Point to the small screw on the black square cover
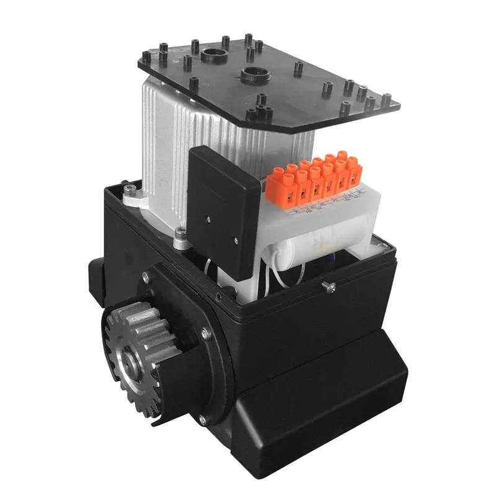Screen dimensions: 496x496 pos(209,219)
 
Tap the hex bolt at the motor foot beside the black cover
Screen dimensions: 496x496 pos(180,233)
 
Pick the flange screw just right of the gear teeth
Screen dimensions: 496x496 pos(206,335)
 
